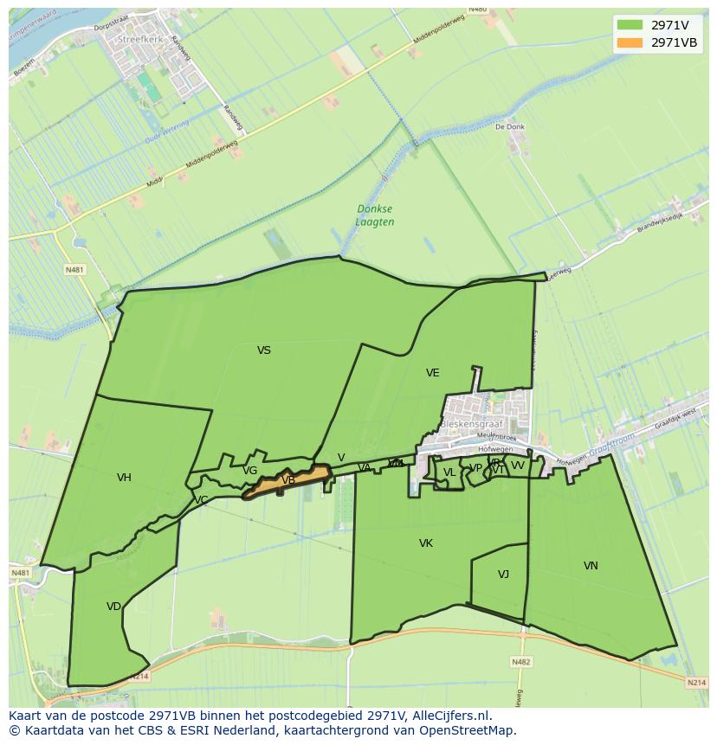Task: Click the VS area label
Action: click(x=264, y=350)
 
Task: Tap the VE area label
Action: click(x=432, y=373)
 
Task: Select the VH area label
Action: click(x=124, y=478)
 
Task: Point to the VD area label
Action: click(x=113, y=607)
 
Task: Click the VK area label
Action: click(x=425, y=543)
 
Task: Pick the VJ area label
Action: click(x=503, y=575)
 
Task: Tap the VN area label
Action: click(x=591, y=566)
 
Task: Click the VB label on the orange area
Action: click(x=288, y=480)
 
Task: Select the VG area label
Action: click(x=249, y=471)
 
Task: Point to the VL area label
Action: click(x=449, y=472)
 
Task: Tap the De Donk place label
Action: click(x=510, y=126)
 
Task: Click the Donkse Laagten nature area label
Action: click(x=375, y=215)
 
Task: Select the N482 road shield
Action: click(x=520, y=662)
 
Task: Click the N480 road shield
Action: click(x=477, y=10)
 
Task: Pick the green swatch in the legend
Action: click(x=630, y=25)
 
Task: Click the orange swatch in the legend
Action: click(x=630, y=42)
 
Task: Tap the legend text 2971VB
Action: click(x=674, y=42)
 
